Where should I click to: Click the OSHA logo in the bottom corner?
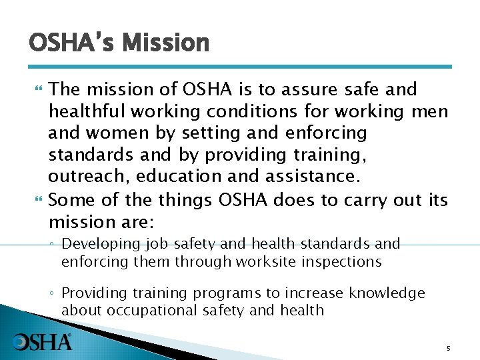click(x=43, y=342)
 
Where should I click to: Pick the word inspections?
click(x=342, y=261)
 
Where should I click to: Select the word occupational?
click(x=141, y=311)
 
